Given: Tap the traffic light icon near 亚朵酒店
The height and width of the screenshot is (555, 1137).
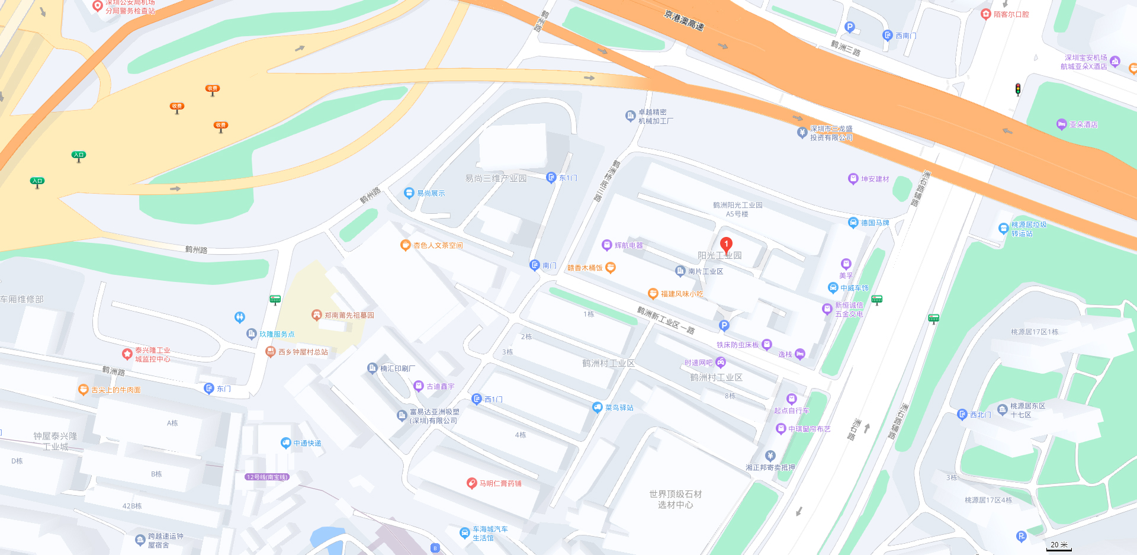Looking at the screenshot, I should click(x=1018, y=89).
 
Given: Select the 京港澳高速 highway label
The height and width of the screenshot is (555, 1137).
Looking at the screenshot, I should click(x=684, y=21).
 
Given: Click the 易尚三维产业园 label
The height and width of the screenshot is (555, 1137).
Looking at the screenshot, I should click(x=496, y=178).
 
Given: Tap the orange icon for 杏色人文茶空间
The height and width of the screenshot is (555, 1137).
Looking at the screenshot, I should click(x=406, y=245).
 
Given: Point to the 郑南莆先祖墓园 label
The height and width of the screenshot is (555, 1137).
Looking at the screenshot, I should click(x=349, y=315).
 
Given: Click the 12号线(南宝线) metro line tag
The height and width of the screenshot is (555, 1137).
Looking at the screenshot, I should click(x=267, y=477).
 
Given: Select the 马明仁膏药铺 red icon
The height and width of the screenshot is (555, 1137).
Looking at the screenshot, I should click(x=472, y=483).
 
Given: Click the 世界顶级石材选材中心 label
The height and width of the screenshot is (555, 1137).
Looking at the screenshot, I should click(x=675, y=499).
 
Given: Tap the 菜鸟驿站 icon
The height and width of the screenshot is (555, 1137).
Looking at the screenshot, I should click(x=598, y=408).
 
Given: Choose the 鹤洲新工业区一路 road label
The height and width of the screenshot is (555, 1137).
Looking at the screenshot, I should click(x=666, y=320).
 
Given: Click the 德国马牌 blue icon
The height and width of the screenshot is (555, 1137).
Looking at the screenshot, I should click(x=853, y=223).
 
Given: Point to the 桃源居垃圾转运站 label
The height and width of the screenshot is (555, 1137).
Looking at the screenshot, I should click(x=1029, y=229).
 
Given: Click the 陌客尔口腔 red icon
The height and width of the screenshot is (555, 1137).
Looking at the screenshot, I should click(x=986, y=14).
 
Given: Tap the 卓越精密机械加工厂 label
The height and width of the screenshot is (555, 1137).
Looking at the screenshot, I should click(x=655, y=116).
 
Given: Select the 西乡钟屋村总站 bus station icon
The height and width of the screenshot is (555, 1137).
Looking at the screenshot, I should click(x=271, y=352).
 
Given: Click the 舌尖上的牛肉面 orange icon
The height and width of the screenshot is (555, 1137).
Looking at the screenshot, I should click(x=83, y=390).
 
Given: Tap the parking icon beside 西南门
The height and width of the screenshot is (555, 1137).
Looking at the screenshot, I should click(x=850, y=27).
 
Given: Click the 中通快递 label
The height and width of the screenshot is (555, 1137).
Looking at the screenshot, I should click(x=307, y=443).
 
